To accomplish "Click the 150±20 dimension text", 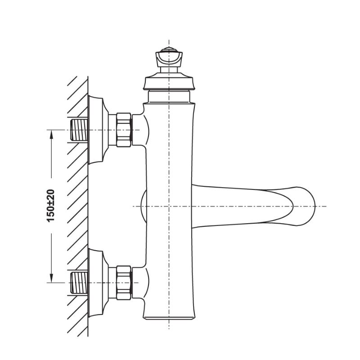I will pos(51,205).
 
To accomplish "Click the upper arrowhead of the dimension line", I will pos(51,134).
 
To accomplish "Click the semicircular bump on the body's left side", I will pos(143,206).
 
